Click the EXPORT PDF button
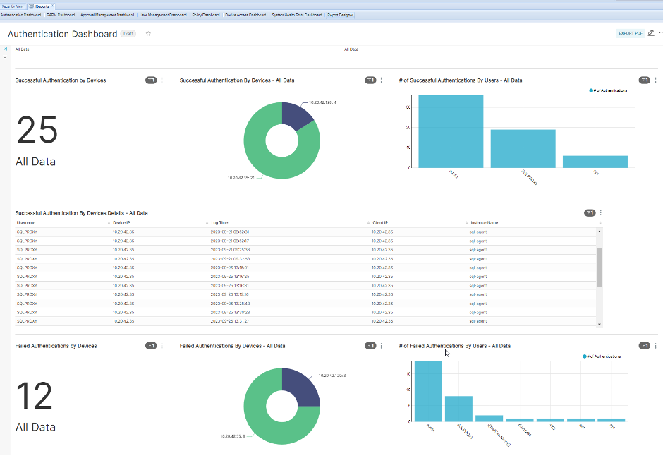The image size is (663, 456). [631, 33]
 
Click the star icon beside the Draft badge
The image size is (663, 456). [148, 33]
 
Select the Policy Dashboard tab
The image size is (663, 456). [205, 15]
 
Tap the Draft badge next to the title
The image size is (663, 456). [128, 33]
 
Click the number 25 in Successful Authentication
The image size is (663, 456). [37, 131]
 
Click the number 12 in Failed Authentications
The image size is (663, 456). [34, 396]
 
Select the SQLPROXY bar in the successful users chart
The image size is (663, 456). [523, 148]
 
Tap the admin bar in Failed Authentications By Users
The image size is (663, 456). [428, 392]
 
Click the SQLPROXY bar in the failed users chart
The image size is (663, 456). [458, 409]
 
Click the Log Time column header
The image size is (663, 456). [219, 222]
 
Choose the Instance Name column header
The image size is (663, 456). [484, 222]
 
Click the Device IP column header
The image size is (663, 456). [121, 222]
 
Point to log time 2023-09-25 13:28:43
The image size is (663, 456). [230, 303]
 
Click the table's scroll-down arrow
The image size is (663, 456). [600, 324]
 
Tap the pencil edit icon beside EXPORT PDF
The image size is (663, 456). [651, 33]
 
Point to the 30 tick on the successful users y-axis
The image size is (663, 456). [408, 107]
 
